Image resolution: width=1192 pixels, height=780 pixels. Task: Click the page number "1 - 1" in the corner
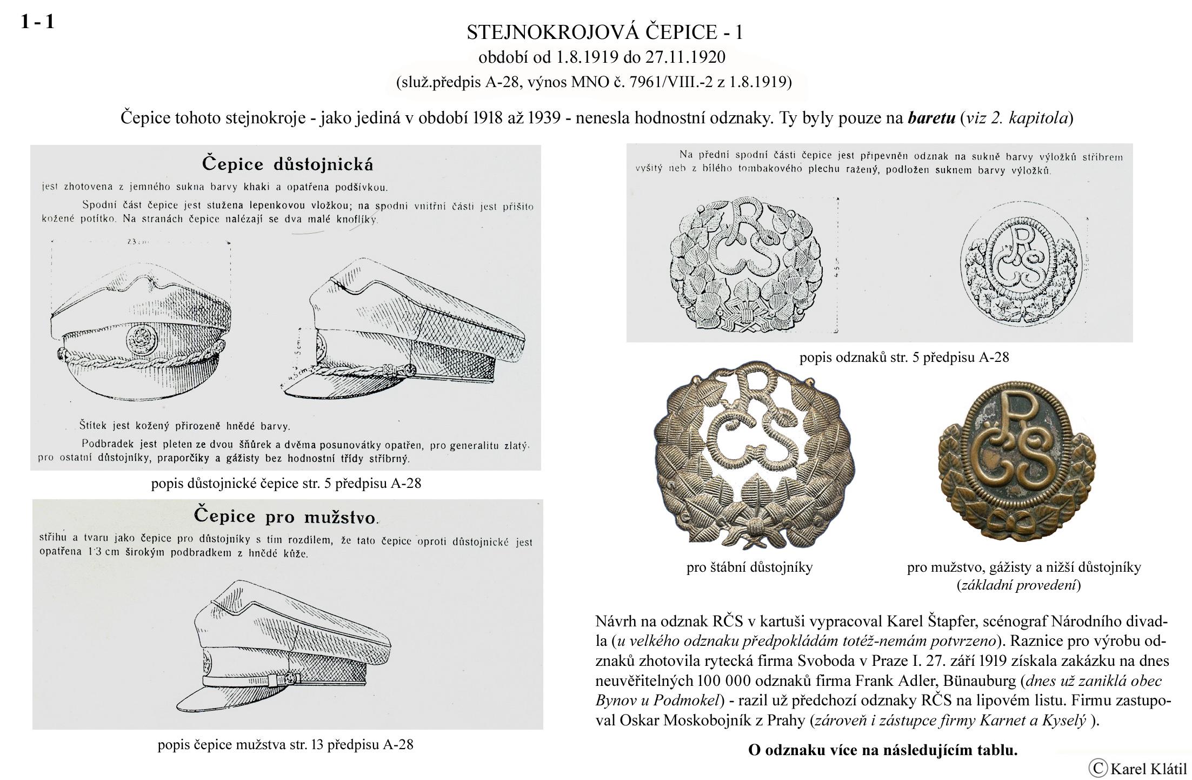pyautogui.click(x=37, y=22)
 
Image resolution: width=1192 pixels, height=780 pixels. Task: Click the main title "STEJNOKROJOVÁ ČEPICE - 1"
pyautogui.click(x=604, y=33)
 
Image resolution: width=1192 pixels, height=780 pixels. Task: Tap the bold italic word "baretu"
pyautogui.click(x=931, y=118)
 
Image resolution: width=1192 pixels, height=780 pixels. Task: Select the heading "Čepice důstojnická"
pyautogui.click(x=287, y=163)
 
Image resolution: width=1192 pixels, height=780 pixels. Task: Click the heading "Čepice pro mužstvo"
pyautogui.click(x=286, y=516)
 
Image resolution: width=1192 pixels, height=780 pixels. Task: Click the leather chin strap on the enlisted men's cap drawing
pyautogui.click(x=243, y=679)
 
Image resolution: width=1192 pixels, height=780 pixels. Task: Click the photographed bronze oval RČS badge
pyautogui.click(x=1020, y=460)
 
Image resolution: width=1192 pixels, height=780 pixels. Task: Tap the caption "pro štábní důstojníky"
pyautogui.click(x=749, y=567)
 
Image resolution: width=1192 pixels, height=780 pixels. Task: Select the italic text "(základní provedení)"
pyautogui.click(x=1018, y=585)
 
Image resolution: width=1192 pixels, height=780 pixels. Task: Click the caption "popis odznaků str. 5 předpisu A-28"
pyautogui.click(x=904, y=358)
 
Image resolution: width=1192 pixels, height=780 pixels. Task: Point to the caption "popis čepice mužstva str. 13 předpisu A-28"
pyautogui.click(x=285, y=745)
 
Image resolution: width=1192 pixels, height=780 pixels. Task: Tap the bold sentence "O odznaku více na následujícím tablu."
pyautogui.click(x=882, y=750)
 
